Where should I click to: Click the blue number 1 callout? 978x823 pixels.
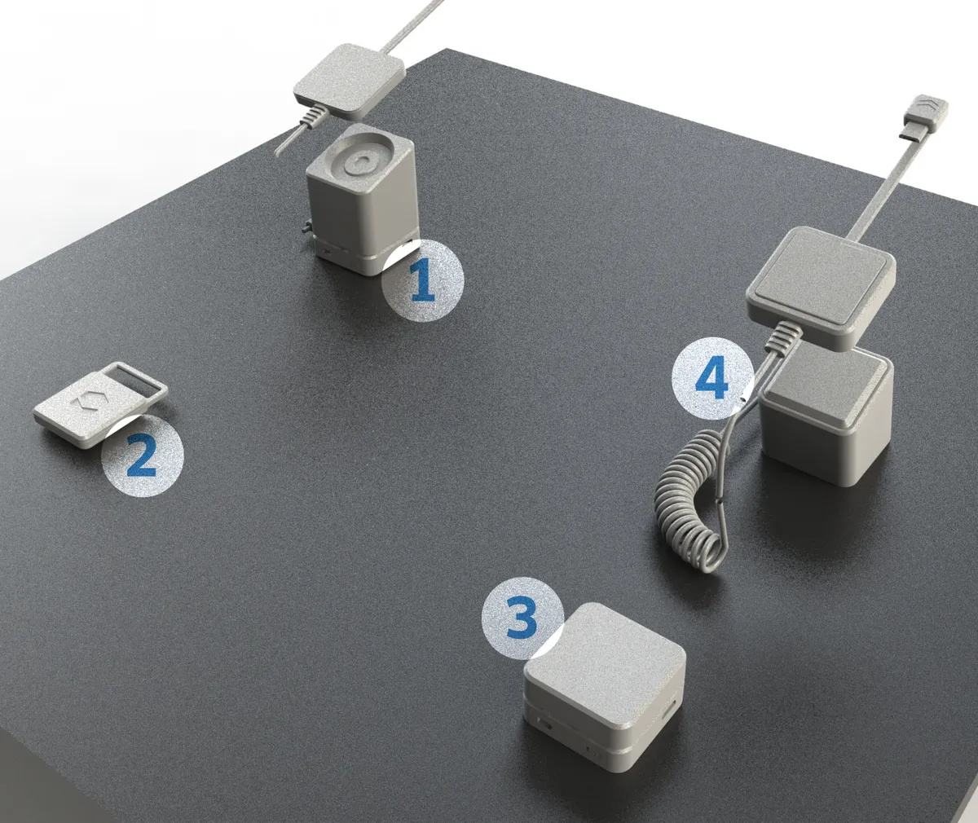click(423, 280)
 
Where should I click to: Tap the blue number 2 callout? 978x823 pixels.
click(143, 455)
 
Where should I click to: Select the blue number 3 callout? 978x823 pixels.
click(522, 618)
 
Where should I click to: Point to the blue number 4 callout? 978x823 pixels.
click(712, 377)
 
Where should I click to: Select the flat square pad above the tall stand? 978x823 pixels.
click(349, 81)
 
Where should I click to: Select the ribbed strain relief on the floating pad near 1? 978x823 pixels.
click(315, 115)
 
